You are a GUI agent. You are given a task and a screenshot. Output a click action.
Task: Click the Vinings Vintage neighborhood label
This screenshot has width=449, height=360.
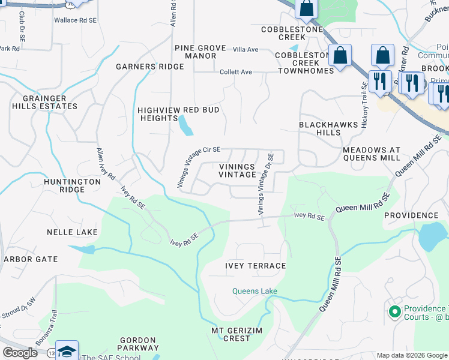pyautogui.click(x=237, y=170)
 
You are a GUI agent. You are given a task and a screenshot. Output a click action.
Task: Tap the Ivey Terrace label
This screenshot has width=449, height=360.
pyautogui.click(x=255, y=266)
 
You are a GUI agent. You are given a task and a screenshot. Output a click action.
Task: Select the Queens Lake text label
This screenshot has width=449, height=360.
pyautogui.click(x=255, y=292)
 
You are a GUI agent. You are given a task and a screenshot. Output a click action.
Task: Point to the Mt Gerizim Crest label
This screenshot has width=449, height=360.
pyautogui.click(x=231, y=334)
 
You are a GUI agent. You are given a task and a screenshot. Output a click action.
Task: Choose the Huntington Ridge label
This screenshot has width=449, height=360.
pyautogui.click(x=72, y=185)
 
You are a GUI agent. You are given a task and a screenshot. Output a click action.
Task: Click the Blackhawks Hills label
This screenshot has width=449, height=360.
pyautogui.click(x=328, y=128)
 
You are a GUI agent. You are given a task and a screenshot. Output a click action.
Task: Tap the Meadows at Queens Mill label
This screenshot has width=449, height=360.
pyautogui.click(x=371, y=154)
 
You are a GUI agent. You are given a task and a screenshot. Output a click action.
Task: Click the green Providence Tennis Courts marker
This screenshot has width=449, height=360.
pyautogui.click(x=394, y=311)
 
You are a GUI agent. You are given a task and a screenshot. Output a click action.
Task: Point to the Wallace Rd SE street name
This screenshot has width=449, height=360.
pyautogui.click(x=75, y=20)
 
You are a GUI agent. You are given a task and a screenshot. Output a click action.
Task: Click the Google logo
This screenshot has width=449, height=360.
pyautogui.click(x=20, y=353)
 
